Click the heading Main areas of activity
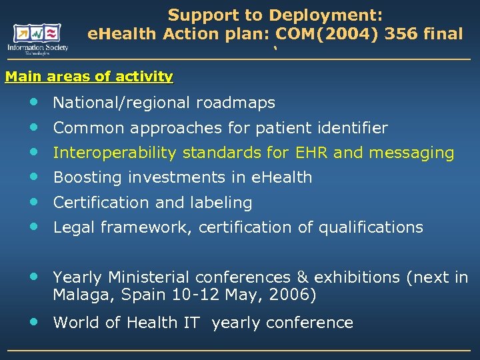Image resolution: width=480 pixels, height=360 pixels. [89, 77]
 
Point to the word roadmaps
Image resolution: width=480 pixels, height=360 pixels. [236, 103]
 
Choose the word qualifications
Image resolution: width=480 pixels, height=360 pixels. [370, 227]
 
